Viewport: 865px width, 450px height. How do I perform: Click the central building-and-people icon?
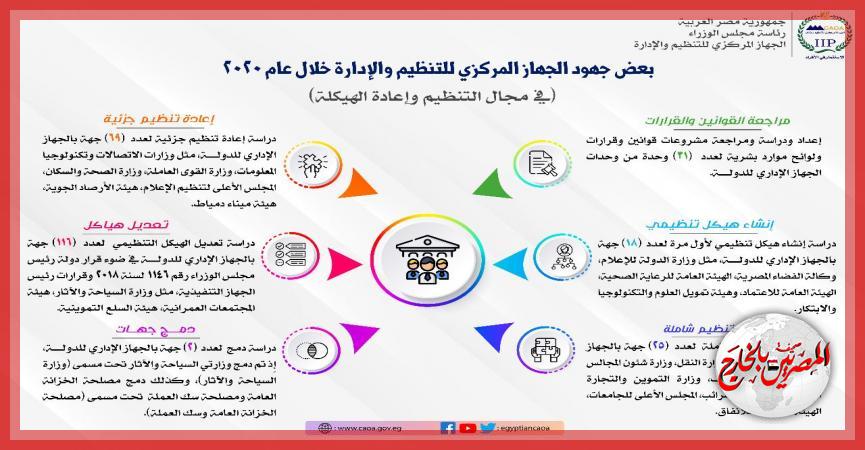(x=432, y=259)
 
